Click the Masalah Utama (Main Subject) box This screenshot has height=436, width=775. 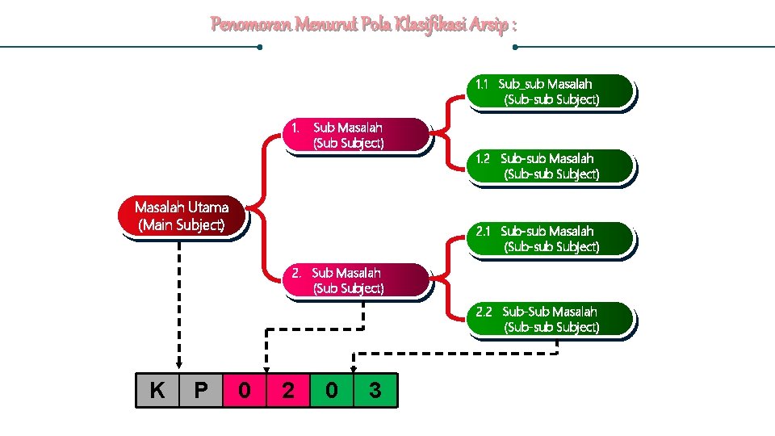tap(182, 216)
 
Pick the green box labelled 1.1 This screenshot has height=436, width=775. tap(550, 91)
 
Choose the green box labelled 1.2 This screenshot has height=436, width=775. tap(550, 166)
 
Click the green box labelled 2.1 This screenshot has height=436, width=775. tap(550, 239)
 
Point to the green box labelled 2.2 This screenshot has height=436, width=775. tap(550, 319)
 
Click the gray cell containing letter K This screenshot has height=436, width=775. tap(157, 391)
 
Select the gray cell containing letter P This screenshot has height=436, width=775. tap(201, 391)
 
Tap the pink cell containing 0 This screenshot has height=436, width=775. tap(245, 391)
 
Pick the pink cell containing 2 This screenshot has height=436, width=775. tap(288, 391)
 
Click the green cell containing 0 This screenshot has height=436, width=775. tap(332, 391)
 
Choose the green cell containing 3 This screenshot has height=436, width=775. tap(375, 391)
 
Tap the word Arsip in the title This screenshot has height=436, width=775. tap(491, 25)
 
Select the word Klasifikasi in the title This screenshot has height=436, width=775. tap(425, 25)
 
